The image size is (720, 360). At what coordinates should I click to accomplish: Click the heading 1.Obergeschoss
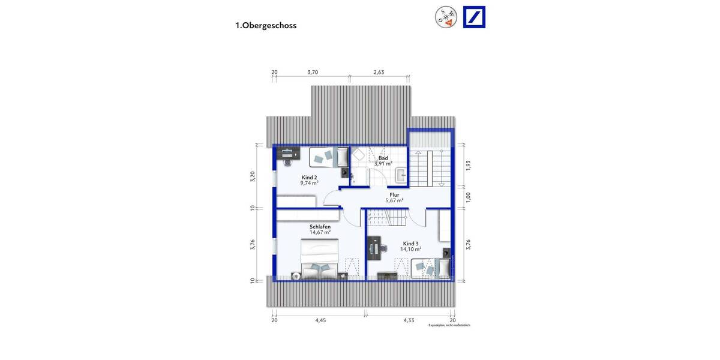tap(266, 26)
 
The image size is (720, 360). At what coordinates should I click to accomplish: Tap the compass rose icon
tap(445, 17)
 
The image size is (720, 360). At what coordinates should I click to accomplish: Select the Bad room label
tap(383, 158)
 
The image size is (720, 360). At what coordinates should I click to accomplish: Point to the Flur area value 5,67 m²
tap(394, 200)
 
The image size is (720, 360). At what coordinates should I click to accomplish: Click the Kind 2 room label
tap(310, 178)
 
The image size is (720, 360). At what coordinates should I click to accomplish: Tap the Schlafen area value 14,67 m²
tap(320, 232)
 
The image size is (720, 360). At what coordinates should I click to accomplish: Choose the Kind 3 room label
tap(412, 243)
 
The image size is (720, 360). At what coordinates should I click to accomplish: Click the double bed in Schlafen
tap(319, 259)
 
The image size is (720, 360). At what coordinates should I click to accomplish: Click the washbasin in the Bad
tap(401, 175)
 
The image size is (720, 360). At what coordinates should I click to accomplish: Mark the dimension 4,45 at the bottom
tap(320, 320)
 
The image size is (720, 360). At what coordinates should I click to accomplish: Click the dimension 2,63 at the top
tap(379, 72)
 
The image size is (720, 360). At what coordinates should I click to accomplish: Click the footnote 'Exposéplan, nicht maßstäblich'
tap(449, 325)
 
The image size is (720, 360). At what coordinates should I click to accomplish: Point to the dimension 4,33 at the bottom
tap(410, 320)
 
